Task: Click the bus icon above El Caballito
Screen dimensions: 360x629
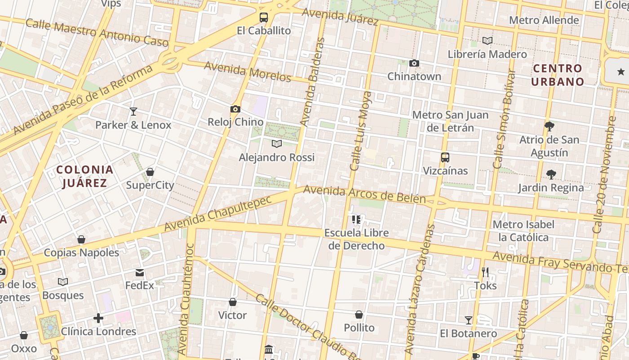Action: pos(264,18)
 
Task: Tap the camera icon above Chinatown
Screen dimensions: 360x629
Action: pos(414,63)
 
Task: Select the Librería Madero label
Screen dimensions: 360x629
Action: pos(487,54)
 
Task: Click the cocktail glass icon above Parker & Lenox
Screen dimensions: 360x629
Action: pos(133,112)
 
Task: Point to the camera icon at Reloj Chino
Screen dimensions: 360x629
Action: pos(235,109)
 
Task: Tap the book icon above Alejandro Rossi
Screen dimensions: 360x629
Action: pos(277,144)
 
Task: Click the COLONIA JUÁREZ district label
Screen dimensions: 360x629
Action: pos(85,176)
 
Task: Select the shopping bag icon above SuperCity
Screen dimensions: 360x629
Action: pos(150,172)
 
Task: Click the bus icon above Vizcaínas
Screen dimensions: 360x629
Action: pos(445,157)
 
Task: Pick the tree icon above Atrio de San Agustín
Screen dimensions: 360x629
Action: pos(549,126)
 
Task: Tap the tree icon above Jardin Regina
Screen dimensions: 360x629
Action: pos(551,175)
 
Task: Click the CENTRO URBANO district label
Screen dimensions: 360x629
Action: pos(557,75)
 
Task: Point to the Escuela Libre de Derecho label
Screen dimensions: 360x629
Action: pos(357,239)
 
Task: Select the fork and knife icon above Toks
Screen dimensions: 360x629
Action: pos(485,272)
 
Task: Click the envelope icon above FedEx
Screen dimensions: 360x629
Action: pos(140,272)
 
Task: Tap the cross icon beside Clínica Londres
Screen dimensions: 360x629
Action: pos(98,319)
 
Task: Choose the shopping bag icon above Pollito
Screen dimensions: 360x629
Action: pos(359,315)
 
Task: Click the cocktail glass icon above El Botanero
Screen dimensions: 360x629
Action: pos(469,320)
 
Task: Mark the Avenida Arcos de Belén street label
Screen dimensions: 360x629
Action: pos(364,194)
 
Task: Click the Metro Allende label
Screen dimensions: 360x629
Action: pos(544,20)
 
